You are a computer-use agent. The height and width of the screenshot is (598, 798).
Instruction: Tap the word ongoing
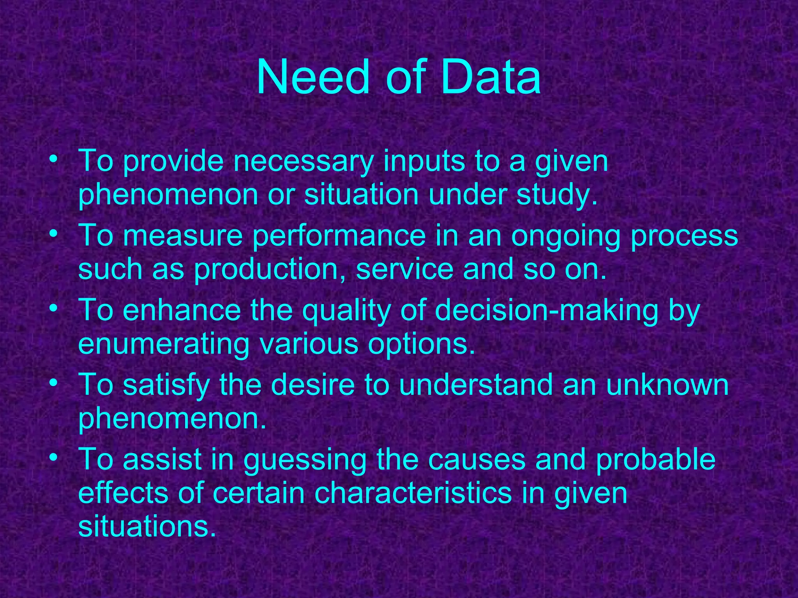click(565, 236)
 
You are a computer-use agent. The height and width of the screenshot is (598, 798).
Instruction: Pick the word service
click(404, 269)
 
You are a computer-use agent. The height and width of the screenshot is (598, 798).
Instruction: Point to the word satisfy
click(166, 385)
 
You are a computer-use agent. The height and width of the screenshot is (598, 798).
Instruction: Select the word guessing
click(305, 460)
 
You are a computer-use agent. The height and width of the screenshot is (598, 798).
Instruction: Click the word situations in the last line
click(147, 527)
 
